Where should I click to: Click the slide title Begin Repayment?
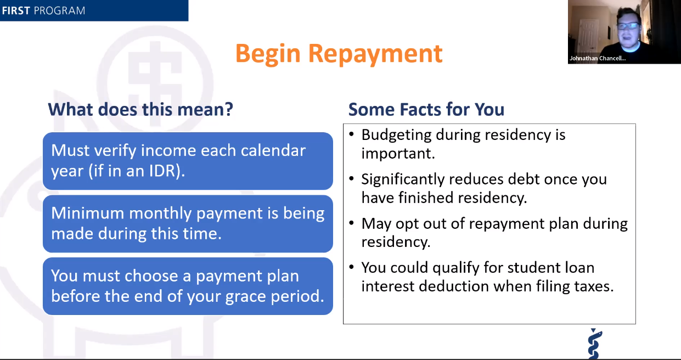pos(339,53)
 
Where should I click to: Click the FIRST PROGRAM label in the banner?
pos(43,10)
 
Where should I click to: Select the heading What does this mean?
pos(140,109)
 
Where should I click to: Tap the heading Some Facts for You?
pos(426,109)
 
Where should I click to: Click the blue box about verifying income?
pos(188,161)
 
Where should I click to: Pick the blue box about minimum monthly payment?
pos(188,223)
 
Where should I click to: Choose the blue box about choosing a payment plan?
pos(188,286)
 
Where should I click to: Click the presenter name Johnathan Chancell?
pos(597,58)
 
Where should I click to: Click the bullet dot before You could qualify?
pos(351,268)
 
